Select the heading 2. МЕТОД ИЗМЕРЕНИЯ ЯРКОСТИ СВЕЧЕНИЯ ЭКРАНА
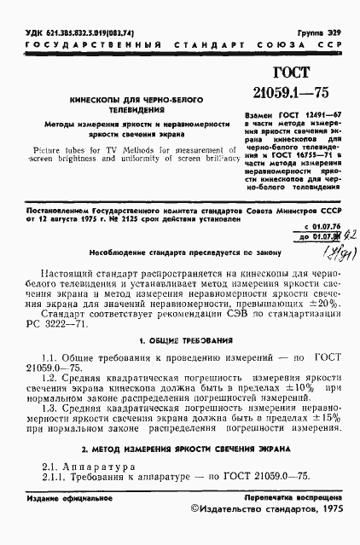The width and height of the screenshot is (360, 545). pos(180,471)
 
